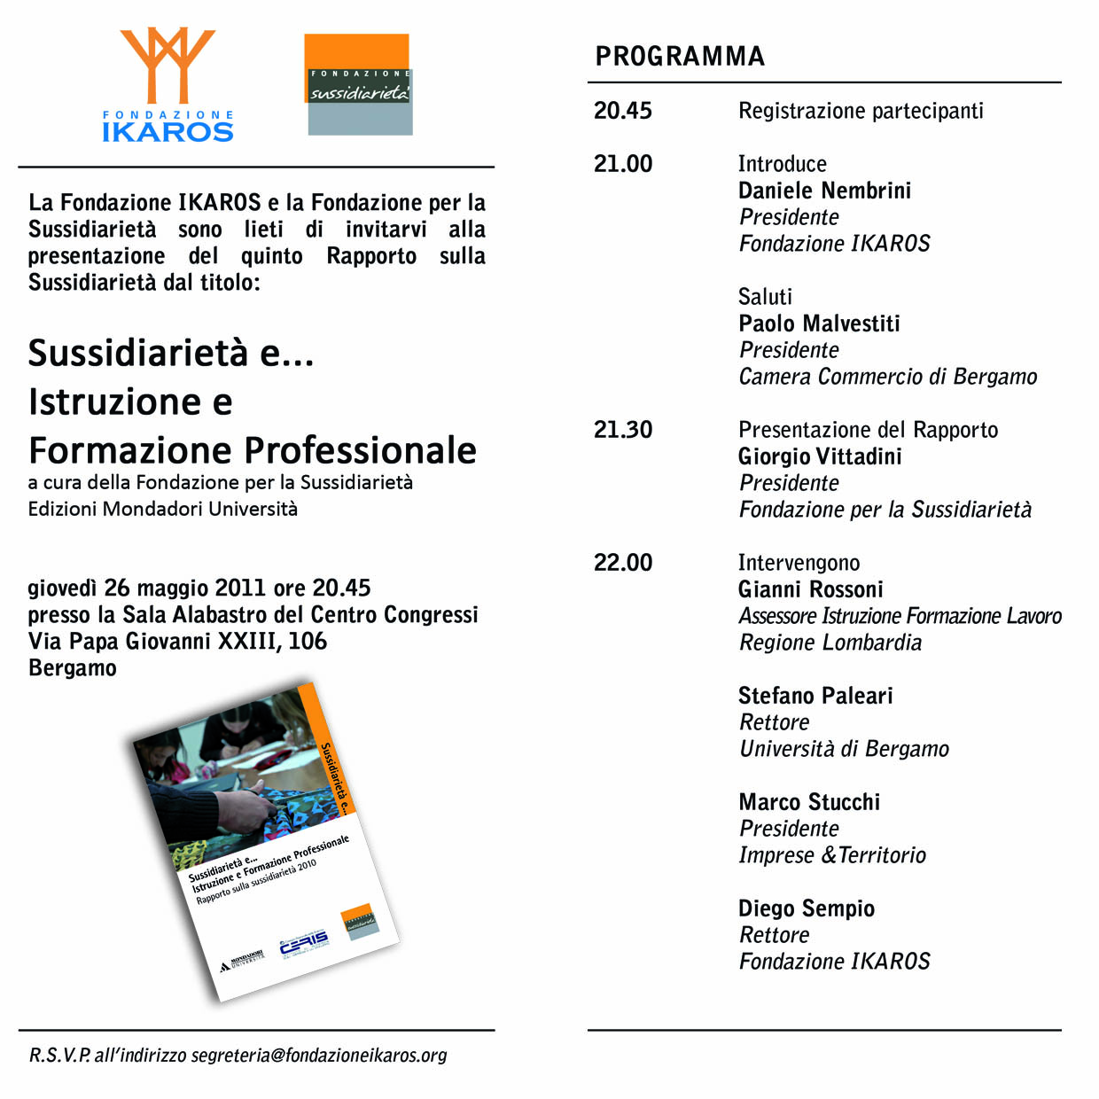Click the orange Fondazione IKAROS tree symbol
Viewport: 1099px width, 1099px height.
(168, 65)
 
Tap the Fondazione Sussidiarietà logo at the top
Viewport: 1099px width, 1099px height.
(359, 85)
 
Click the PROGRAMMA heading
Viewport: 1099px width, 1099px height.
(680, 57)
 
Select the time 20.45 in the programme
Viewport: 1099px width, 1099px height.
(623, 111)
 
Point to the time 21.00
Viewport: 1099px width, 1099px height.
(623, 164)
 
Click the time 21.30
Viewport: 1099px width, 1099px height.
(623, 430)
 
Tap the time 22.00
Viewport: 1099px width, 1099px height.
(623, 563)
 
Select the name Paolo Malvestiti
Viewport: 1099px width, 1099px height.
(819, 323)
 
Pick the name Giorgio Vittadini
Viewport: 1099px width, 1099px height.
(820, 456)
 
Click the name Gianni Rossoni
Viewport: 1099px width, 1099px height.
(811, 589)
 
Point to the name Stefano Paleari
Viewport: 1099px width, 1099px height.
(815, 696)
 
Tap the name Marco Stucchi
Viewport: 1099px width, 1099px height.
(809, 802)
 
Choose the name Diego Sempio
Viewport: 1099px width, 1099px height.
(807, 908)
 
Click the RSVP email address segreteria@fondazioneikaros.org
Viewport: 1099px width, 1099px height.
(319, 1056)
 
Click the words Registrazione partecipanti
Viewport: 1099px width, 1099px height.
(861, 111)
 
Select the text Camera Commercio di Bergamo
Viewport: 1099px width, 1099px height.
(888, 377)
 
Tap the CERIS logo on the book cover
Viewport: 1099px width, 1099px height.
(303, 945)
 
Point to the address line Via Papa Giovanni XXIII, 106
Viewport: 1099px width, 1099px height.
(177, 641)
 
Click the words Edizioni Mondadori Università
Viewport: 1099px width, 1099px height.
(163, 509)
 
